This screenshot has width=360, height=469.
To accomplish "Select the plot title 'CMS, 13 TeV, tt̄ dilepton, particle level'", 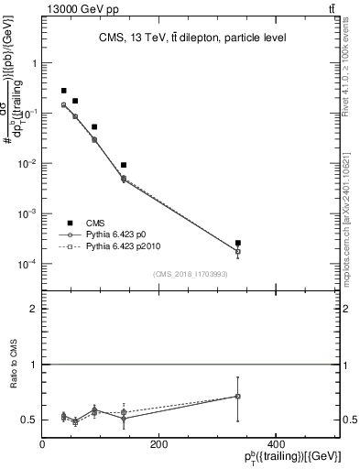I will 192,38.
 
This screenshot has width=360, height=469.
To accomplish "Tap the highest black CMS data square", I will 63,91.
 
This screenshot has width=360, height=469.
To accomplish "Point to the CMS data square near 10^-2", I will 124,165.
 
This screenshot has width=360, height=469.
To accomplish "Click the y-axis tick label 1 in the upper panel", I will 35,64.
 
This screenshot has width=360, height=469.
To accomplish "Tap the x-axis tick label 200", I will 158,443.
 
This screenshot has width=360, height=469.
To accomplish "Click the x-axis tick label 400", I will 275,443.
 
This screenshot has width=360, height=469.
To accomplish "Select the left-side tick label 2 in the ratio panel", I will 34,310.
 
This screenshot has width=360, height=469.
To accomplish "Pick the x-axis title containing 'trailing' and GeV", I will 294,457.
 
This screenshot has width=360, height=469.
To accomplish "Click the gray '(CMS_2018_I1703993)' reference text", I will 191,274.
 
